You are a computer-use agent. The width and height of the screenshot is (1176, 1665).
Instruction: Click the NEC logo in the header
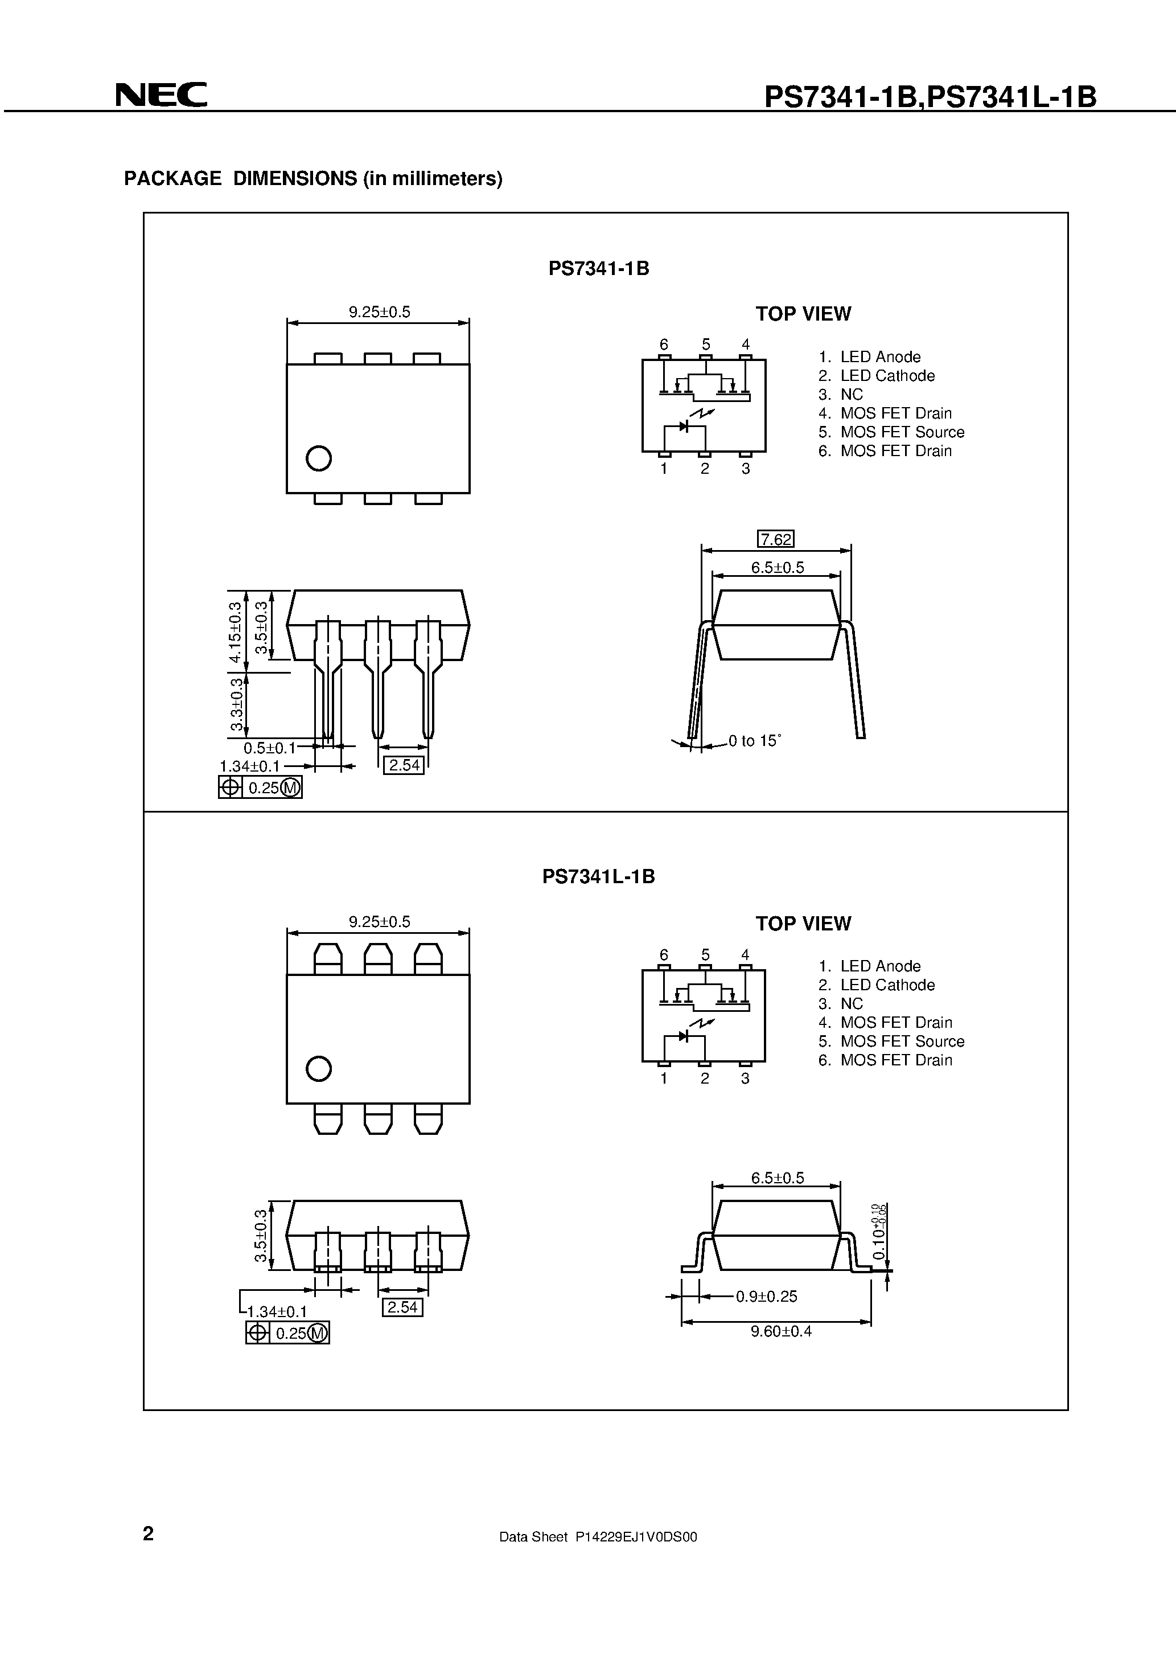161,95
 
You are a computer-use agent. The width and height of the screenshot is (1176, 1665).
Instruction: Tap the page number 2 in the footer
149,1533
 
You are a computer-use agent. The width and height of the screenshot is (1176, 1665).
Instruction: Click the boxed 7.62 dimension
775,539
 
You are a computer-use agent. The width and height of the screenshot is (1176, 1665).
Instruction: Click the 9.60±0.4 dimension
781,1331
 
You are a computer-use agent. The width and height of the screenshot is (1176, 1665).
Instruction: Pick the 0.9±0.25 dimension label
766,1296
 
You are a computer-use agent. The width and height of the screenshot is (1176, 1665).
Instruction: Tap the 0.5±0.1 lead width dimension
270,748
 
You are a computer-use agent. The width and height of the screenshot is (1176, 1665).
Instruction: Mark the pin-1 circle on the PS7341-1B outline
319,458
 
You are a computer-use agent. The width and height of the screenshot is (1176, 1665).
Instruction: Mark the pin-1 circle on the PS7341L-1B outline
319,1068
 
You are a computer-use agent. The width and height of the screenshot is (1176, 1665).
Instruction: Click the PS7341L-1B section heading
598,877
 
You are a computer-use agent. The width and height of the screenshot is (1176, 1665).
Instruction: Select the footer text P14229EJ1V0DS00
636,1536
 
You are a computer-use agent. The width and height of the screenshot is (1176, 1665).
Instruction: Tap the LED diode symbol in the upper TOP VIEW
683,426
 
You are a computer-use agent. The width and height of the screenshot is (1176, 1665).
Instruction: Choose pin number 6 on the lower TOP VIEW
663,955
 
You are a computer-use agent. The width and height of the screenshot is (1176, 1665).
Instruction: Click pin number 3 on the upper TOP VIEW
745,469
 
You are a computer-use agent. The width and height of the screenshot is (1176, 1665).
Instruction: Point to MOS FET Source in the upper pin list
902,432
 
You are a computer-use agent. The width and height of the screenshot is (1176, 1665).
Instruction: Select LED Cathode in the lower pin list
887,985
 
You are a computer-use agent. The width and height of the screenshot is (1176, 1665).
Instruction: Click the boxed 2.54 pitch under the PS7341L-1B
402,1307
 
